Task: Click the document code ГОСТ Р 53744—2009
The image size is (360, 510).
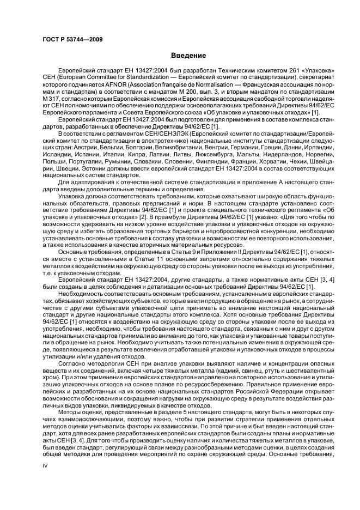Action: [x=72, y=39]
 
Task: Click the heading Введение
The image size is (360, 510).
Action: [x=188, y=56]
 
